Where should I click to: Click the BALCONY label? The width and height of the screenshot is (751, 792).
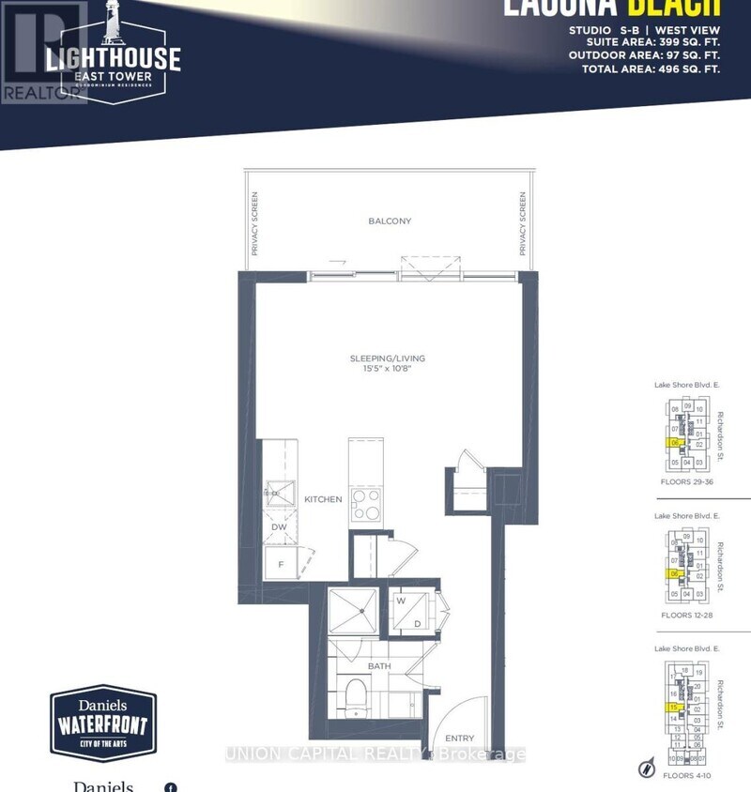point(390,221)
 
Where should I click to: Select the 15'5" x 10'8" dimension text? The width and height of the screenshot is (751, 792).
point(390,371)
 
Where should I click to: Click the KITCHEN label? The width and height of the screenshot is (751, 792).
point(323,499)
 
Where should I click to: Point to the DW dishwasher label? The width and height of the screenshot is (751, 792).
point(278,527)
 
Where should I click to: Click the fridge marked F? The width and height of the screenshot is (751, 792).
point(279,564)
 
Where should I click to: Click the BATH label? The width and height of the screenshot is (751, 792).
point(378,666)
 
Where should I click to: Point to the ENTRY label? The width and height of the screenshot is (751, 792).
point(459,739)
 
